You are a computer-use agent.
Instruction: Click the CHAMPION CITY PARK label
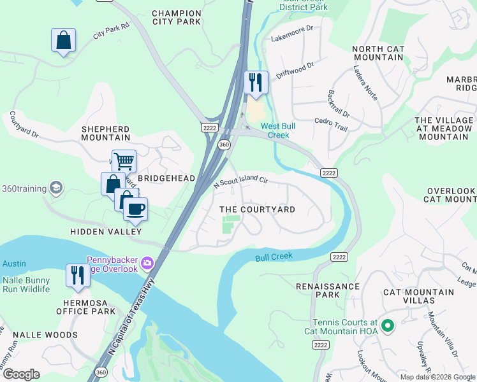pos(177,17)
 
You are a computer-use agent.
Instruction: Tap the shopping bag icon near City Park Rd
pos(63,41)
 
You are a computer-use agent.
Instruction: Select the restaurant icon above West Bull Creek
pos(254,83)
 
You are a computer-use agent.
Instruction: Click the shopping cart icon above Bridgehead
pos(123,161)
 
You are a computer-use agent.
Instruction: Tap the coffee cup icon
pos(135,208)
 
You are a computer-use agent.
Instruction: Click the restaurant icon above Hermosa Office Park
pos(77,276)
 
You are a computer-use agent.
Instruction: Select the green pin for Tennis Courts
pos(387,327)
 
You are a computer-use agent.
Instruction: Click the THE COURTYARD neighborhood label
pos(257,209)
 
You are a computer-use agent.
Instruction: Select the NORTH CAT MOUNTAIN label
pos(378,53)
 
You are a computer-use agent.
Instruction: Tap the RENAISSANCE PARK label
pos(328,291)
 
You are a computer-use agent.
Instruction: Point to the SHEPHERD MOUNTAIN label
pos(105,133)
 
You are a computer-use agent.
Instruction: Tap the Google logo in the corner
pos(22,374)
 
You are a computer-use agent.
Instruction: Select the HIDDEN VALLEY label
pos(105,232)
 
